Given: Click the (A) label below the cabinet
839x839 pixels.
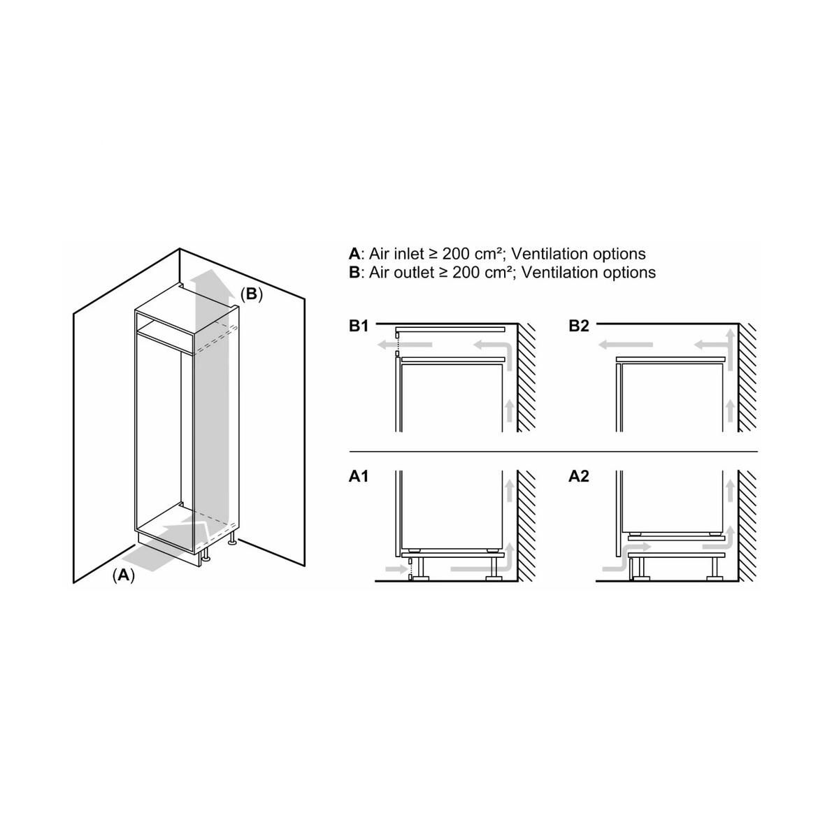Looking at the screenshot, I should (x=124, y=575).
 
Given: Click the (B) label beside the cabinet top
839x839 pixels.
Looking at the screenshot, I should (x=251, y=294).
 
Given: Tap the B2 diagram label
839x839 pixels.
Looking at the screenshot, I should (x=579, y=327).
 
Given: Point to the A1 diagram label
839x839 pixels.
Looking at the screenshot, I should (x=359, y=477).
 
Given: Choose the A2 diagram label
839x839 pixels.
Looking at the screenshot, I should (x=579, y=477).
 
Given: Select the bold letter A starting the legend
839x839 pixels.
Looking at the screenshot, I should (x=354, y=254).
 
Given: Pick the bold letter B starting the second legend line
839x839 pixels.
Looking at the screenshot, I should (x=354, y=272).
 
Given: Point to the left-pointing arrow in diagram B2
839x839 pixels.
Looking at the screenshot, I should (x=626, y=344).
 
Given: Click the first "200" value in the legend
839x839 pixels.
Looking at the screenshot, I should (x=466, y=254).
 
